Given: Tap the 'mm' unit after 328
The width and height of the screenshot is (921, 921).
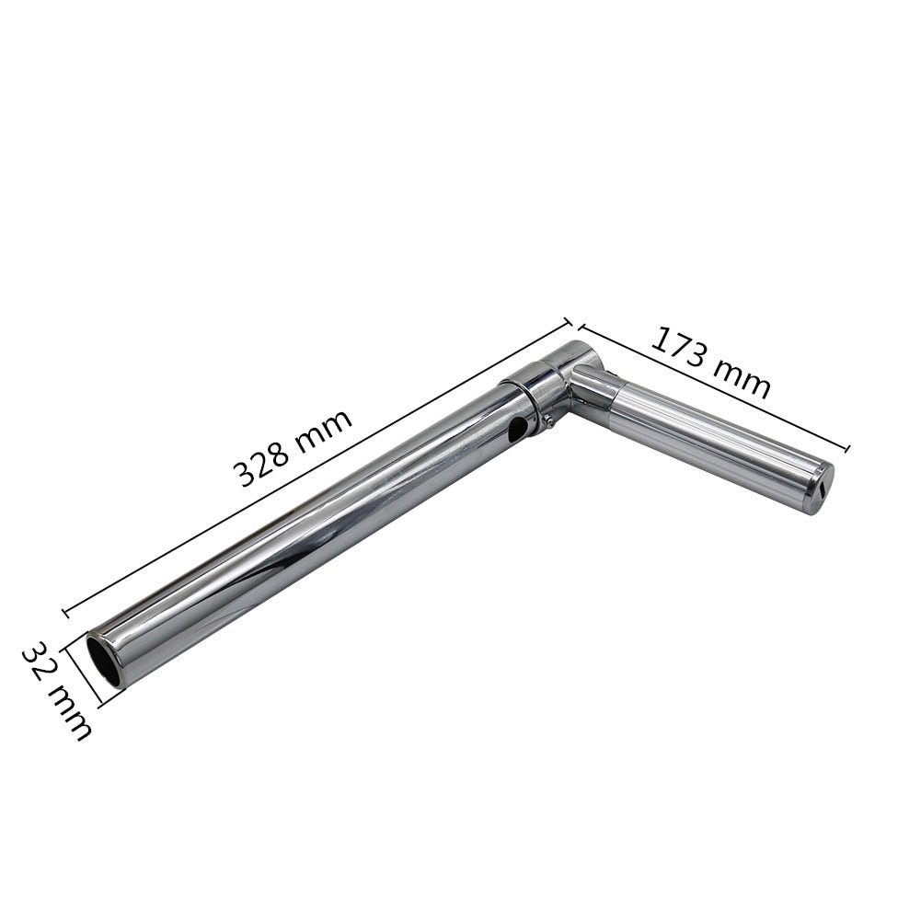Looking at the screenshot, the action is click(x=324, y=426).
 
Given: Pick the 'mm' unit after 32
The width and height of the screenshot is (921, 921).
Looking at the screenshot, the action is click(x=69, y=712).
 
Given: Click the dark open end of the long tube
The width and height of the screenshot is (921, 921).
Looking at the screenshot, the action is click(x=104, y=659).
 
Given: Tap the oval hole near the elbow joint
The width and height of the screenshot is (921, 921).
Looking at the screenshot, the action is click(x=517, y=431).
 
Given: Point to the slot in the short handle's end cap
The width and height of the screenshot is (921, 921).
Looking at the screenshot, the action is click(x=822, y=489).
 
